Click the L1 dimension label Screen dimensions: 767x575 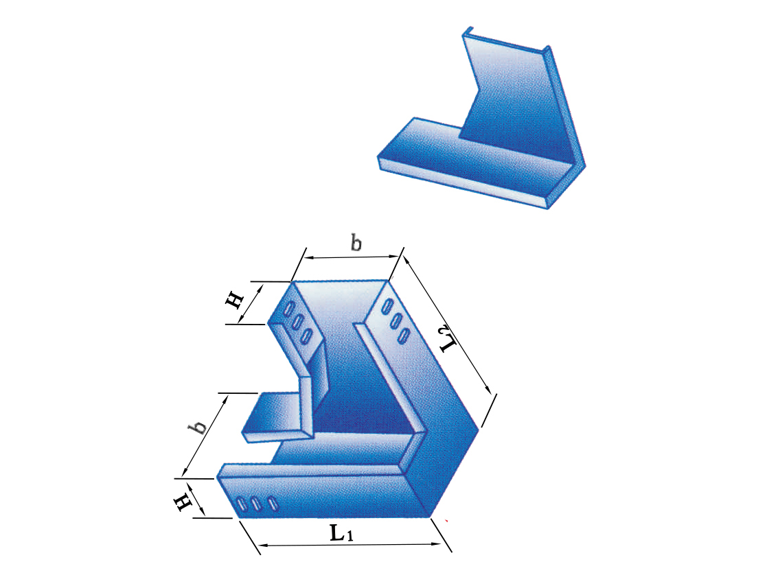pyautogui.click(x=341, y=532)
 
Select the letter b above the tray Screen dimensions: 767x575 pyautogui.click(x=356, y=242)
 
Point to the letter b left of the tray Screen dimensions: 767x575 pyautogui.click(x=198, y=427)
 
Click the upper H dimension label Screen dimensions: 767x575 pyautogui.click(x=234, y=300)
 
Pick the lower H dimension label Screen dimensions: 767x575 pyautogui.click(x=183, y=502)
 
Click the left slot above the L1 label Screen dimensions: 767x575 pyautogui.click(x=240, y=504)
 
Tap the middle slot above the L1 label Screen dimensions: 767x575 pyautogui.click(x=256, y=504)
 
